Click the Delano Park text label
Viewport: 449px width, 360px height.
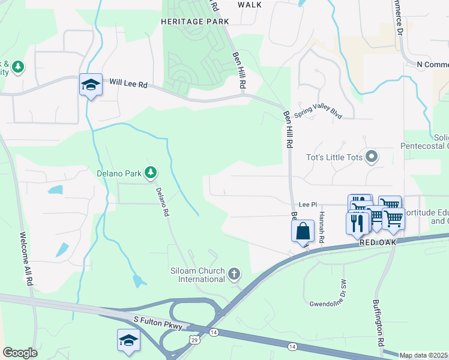coord(119,174)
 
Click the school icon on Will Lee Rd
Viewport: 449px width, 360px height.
coord(90,85)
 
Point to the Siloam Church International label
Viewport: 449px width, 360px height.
coord(197,275)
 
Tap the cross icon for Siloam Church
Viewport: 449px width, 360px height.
coord(234,275)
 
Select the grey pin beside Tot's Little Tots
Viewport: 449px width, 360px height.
coord(372,157)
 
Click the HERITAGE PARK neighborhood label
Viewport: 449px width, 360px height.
coord(195,22)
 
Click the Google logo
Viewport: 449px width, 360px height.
coord(20,353)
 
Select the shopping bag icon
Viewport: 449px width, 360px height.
coord(303,231)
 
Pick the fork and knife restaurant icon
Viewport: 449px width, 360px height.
coord(358,223)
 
